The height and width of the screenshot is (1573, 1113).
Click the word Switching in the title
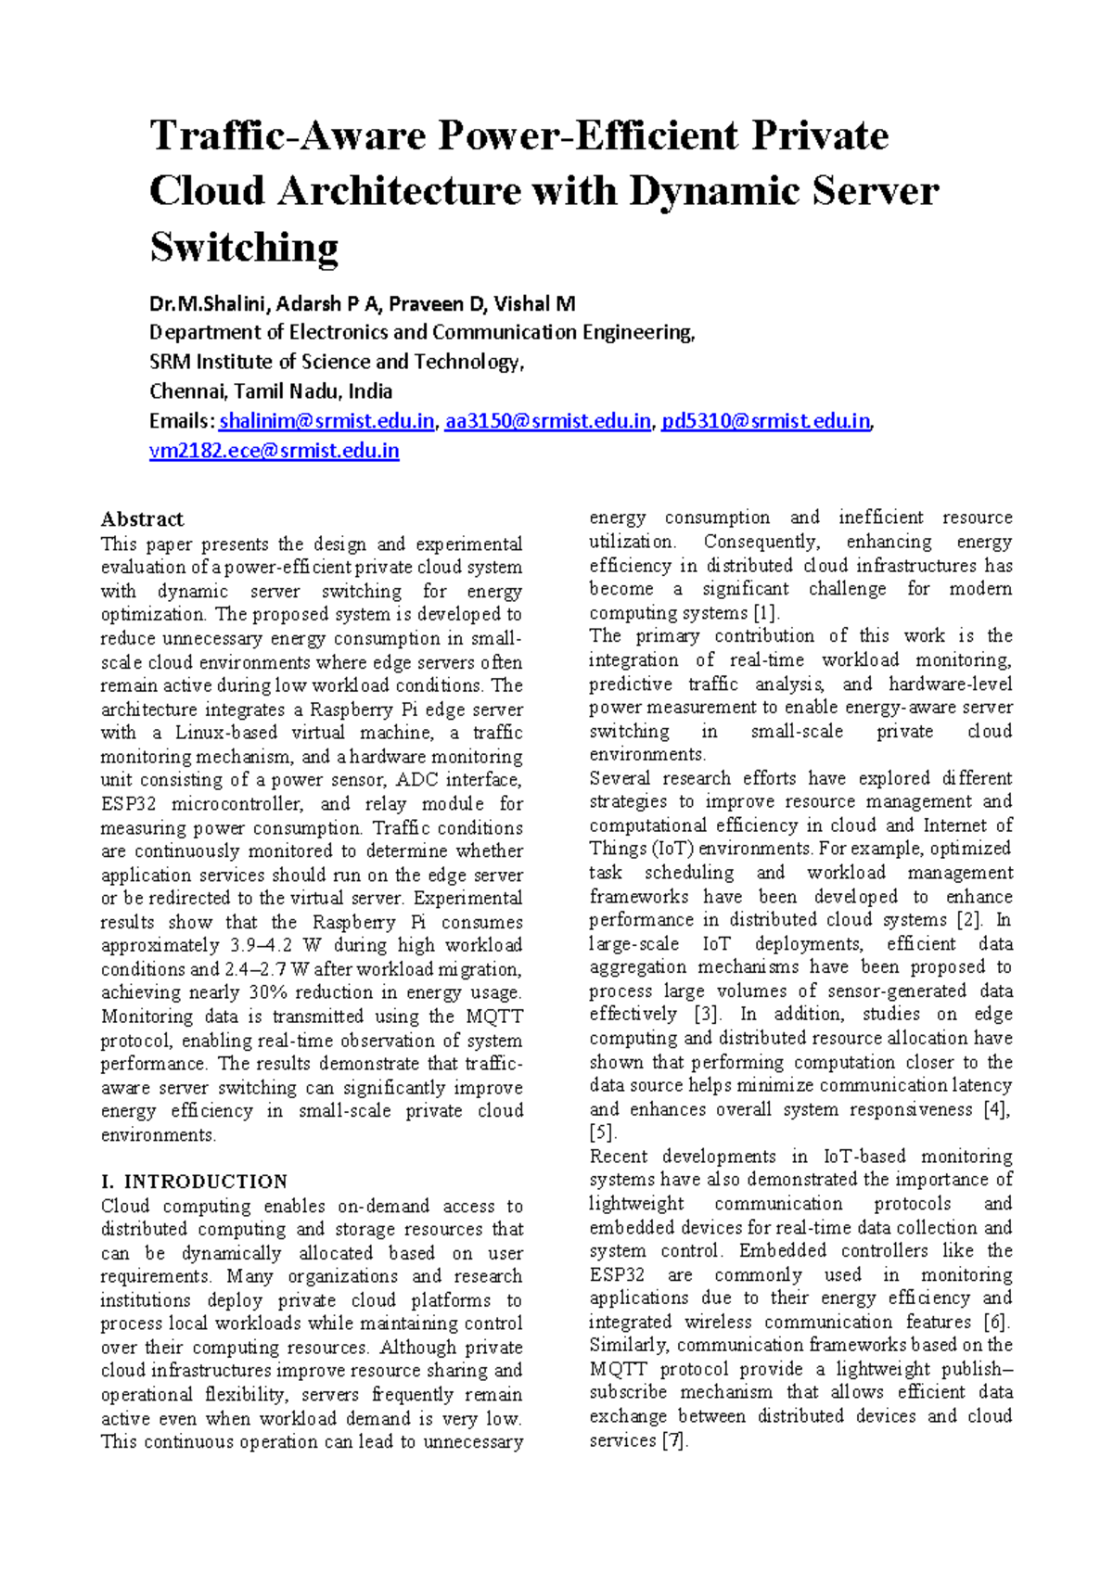(244, 248)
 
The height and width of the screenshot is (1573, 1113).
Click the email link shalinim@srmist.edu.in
(326, 421)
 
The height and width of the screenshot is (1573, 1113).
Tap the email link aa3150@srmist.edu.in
(547, 421)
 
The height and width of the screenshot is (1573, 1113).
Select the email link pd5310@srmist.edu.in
(765, 421)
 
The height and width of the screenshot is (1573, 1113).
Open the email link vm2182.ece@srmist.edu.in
(274, 451)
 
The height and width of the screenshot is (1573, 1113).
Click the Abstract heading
(142, 518)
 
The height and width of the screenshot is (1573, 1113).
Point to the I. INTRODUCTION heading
(194, 1182)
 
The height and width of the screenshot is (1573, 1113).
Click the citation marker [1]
(766, 613)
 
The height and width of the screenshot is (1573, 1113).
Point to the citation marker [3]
(707, 1015)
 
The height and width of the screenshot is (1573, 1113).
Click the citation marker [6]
(997, 1322)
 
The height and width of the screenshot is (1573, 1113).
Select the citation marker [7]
(674, 1440)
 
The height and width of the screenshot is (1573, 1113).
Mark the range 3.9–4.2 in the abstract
(260, 945)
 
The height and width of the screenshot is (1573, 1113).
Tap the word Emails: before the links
(182, 421)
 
